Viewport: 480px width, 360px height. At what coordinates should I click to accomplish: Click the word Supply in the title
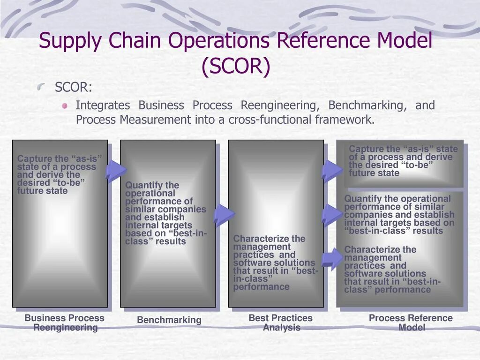tap(70, 41)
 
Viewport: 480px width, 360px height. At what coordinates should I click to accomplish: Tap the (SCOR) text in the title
tap(236, 67)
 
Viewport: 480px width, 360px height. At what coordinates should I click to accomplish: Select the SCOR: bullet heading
tap(74, 88)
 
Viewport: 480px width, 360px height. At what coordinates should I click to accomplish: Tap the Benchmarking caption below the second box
tap(169, 320)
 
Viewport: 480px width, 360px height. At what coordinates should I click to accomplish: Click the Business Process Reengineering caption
tap(65, 322)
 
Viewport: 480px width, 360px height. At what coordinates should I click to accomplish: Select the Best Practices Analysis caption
tap(280, 322)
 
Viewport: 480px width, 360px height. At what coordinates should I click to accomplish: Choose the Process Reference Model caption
tap(411, 322)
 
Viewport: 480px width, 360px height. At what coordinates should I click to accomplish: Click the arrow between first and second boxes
tap(116, 171)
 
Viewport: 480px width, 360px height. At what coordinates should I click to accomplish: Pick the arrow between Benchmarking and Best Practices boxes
tap(224, 216)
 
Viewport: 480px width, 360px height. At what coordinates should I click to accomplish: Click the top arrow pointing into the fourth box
tap(332, 170)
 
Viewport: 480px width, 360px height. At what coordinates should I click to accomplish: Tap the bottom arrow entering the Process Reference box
tap(334, 257)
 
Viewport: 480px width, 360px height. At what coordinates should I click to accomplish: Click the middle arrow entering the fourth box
tap(332, 215)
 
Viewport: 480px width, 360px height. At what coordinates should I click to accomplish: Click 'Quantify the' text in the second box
tap(152, 185)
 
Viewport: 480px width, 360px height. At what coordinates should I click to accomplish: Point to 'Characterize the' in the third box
tap(269, 239)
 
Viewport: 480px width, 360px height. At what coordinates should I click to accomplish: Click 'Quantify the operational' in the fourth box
tap(397, 199)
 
